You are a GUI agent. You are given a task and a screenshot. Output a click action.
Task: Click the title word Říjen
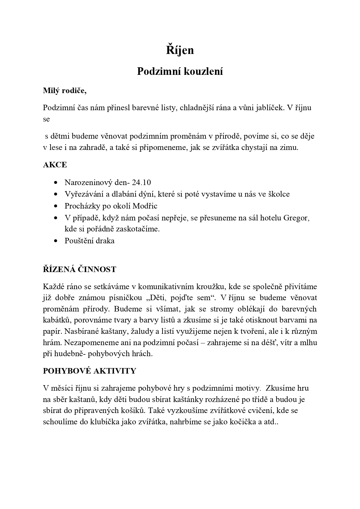[x=180, y=50]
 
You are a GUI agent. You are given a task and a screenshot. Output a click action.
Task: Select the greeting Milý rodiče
[x=65, y=91]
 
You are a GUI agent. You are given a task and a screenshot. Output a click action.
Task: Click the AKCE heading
[x=55, y=165]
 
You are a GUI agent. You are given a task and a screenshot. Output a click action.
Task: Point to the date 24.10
[x=141, y=182]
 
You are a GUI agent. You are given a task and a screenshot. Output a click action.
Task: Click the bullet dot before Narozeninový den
[x=56, y=183]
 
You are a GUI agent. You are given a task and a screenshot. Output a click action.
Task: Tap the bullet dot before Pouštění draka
[x=56, y=241]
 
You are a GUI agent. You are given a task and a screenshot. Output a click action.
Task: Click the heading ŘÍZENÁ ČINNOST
[x=79, y=269]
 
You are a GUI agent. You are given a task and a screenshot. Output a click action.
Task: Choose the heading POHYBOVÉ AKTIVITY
[x=89, y=371]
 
